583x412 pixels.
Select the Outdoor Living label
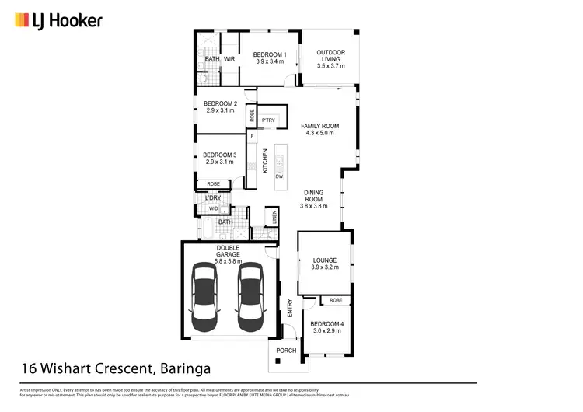330,54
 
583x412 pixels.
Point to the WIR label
230,59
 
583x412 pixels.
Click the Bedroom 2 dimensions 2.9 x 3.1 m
220,110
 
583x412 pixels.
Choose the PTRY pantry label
268,120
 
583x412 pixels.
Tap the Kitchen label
265,161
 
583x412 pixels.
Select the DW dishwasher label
279,176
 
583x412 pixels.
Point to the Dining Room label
315,196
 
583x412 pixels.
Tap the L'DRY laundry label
213,198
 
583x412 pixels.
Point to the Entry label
289,308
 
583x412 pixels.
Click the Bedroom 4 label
326,323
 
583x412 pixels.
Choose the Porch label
288,349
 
